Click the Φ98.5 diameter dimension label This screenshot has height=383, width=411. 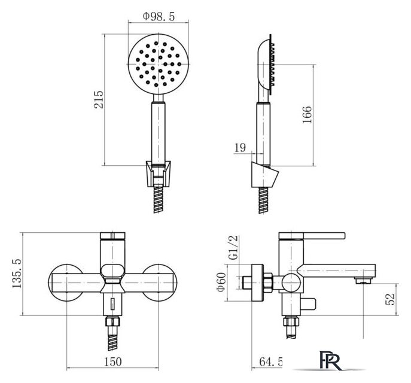click(159, 17)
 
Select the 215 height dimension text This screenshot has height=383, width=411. click(99, 99)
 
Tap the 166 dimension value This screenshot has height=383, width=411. click(307, 114)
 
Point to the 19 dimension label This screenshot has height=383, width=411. click(240, 148)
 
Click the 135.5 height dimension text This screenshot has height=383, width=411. click(17, 273)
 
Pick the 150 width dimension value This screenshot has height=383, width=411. click(113, 362)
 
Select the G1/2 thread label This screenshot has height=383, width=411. click(233, 248)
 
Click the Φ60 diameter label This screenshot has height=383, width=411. click(221, 282)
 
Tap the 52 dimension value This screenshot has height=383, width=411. click(390, 299)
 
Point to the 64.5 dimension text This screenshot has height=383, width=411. click(271, 362)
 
